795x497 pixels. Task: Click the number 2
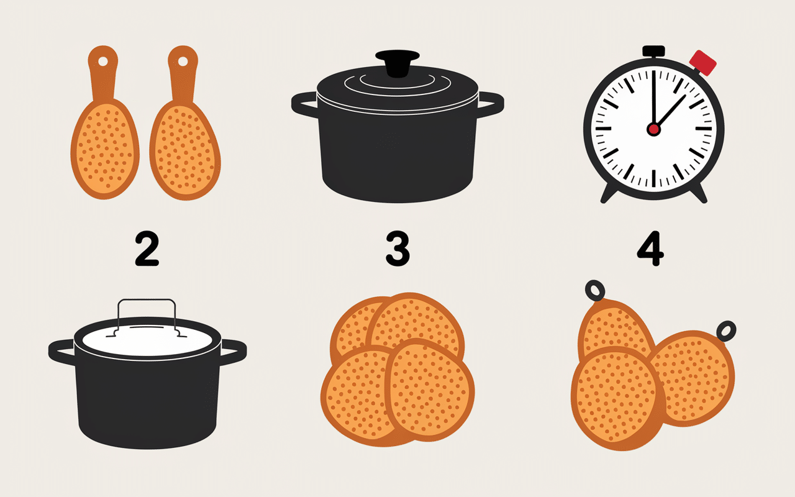[147, 250]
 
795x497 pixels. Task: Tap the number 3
[397, 250]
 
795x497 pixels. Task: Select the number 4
[650, 250]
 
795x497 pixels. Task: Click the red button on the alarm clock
[703, 63]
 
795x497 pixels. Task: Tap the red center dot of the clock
[653, 129]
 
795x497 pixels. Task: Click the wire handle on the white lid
[147, 303]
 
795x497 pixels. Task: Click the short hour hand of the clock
[671, 111]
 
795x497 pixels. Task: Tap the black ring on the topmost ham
[595, 290]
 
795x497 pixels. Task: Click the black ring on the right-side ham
[725, 331]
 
